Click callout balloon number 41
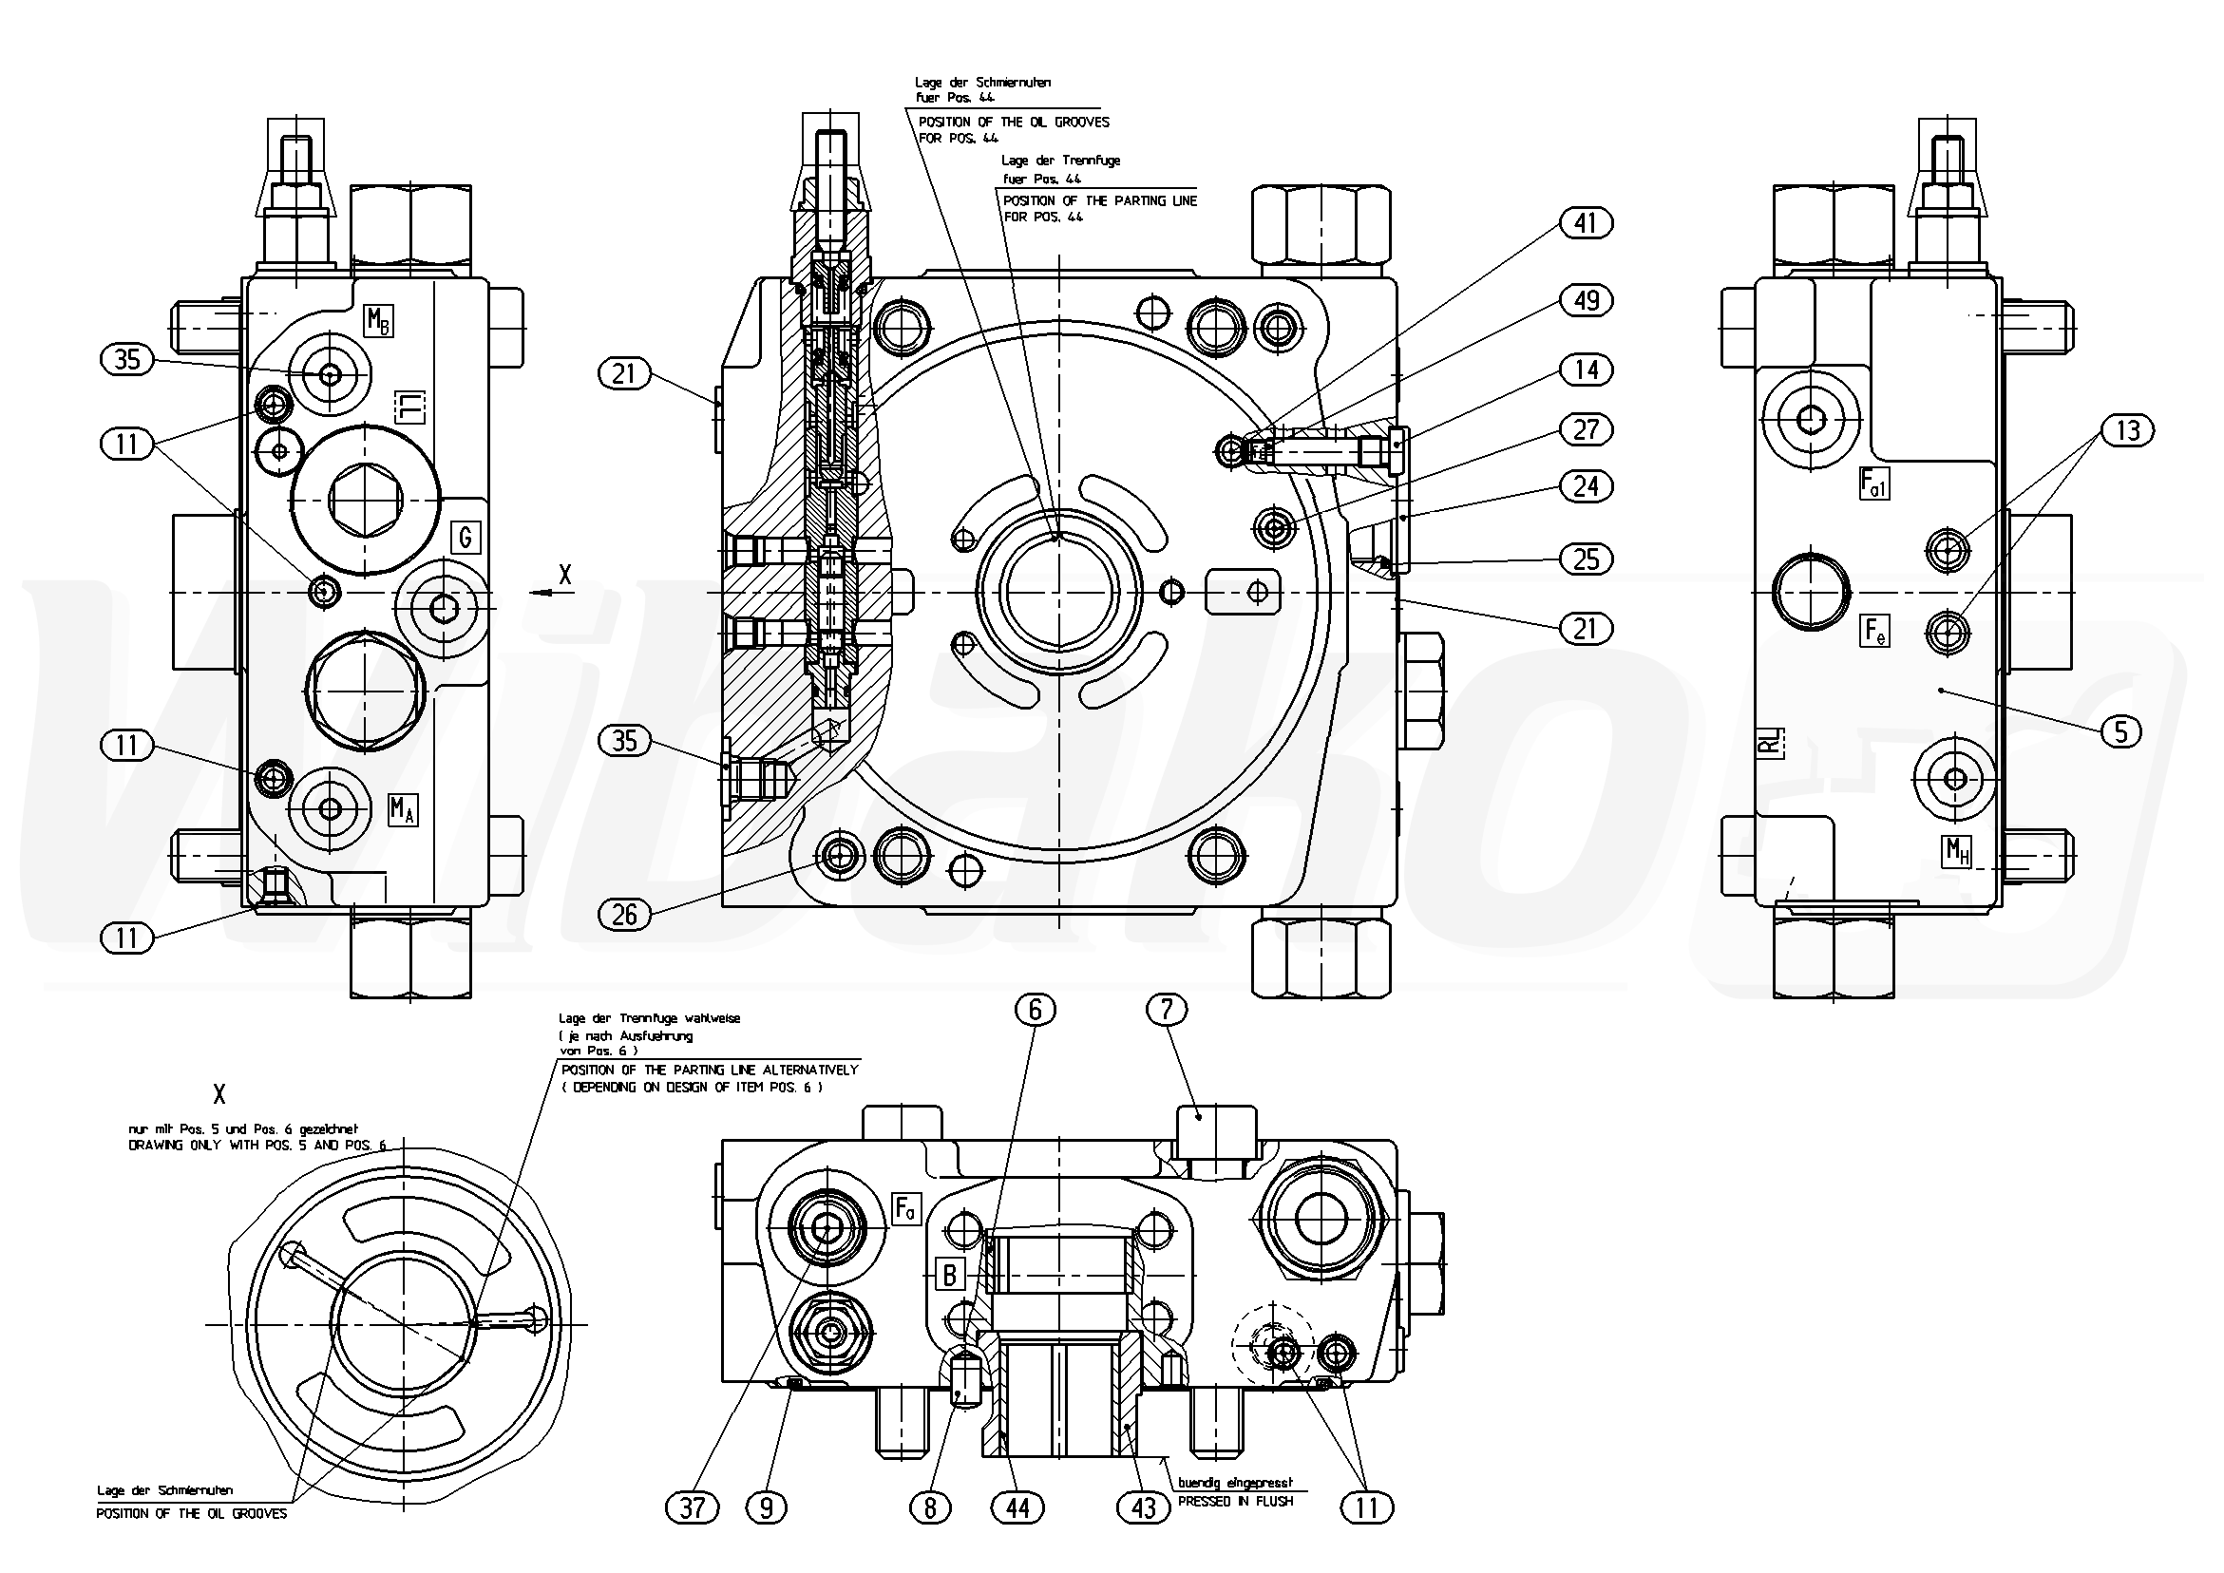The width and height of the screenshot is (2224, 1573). pos(1585,224)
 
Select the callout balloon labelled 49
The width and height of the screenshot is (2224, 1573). pos(1585,301)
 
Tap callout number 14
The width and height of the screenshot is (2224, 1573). pos(1586,370)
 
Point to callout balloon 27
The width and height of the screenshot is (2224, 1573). pos(1586,429)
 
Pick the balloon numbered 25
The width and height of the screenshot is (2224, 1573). pos(1586,559)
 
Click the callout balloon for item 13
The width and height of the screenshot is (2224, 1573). pos(2127,430)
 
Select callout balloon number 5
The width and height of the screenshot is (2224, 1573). pos(2121,731)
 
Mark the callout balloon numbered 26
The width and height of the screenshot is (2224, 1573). pos(625,914)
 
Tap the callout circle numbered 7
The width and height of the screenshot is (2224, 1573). pos(1167,1011)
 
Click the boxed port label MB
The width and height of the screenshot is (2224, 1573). pos(378,321)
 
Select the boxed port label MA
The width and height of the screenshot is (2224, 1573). pos(403,808)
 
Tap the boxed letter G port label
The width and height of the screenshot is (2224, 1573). pos(466,537)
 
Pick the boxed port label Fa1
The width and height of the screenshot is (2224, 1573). pos(1874,483)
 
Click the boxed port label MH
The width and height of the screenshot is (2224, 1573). pos(1957,851)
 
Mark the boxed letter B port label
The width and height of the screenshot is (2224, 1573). pos(949,1275)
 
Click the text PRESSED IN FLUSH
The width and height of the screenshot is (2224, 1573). pos(1235,1502)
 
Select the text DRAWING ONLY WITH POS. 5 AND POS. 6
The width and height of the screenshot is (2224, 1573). pos(257,1146)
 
